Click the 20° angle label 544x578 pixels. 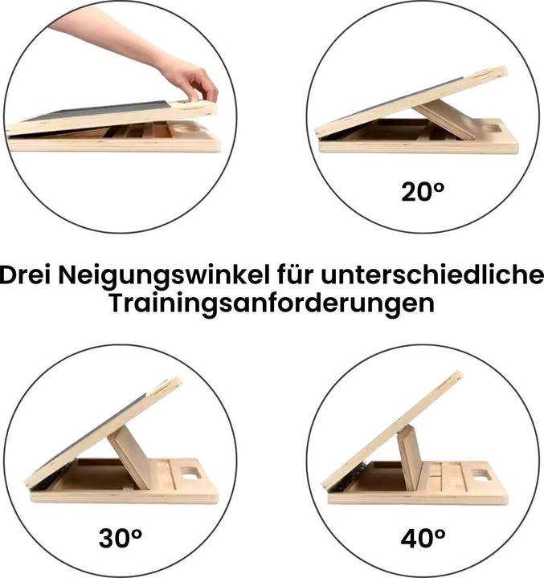pos(422,192)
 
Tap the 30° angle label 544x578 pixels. pos(121,538)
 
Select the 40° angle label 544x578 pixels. pos(423,538)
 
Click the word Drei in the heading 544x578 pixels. pos(26,275)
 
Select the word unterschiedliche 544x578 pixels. pos(432,275)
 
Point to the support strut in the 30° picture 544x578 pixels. pos(129,458)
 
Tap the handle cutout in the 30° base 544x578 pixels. pos(190,474)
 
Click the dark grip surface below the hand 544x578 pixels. pos(100,111)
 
